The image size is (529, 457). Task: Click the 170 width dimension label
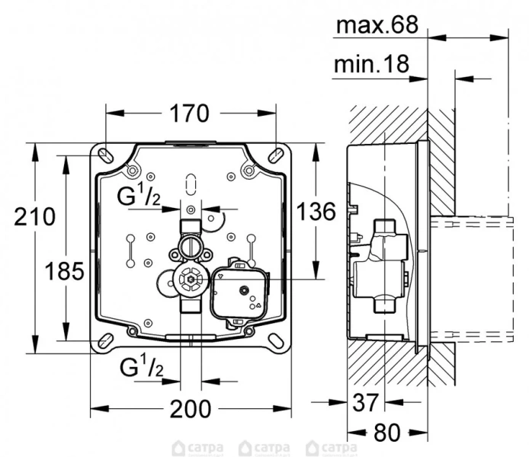[188, 113]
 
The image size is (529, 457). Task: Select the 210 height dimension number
[34, 216]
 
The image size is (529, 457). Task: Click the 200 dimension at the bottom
[189, 408]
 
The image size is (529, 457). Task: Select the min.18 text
[372, 66]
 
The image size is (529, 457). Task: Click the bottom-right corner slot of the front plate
[274, 340]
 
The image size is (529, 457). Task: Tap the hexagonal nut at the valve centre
[188, 280]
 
